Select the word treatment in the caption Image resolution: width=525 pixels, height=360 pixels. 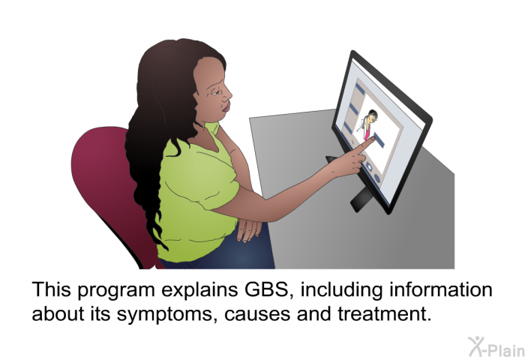coord(385,313)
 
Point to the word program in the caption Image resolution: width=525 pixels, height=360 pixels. coord(116,291)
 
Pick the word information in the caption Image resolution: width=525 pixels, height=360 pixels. coord(441,289)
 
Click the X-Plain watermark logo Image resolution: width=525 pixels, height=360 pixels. coord(496,347)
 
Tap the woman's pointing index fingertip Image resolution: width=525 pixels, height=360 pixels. coord(372,139)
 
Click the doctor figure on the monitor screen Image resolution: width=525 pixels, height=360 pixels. coord(367,124)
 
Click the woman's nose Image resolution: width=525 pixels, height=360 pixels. coord(229,93)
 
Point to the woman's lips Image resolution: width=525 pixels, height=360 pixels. coord(226,107)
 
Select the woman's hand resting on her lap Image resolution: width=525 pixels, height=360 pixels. coord(248,229)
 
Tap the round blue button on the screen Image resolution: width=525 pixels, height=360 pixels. coord(377,178)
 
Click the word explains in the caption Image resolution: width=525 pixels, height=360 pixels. coord(199,291)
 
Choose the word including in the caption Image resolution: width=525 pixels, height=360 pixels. coord(341,291)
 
